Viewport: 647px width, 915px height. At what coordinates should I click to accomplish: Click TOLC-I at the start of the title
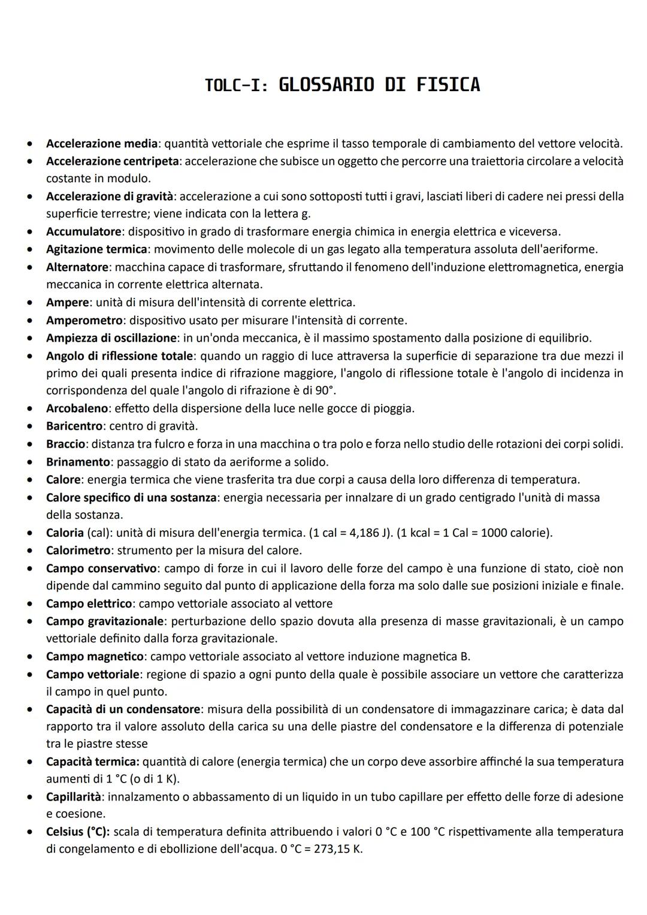pos(235,85)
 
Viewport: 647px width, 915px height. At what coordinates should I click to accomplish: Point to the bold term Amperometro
pos(84,320)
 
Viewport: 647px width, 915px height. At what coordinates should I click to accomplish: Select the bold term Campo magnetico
pos(95,656)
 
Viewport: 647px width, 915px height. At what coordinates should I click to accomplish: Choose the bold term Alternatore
pos(77,267)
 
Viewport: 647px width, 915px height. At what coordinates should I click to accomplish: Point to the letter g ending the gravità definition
pos(307,215)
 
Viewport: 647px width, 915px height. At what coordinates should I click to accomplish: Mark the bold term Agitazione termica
pos(96,249)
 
